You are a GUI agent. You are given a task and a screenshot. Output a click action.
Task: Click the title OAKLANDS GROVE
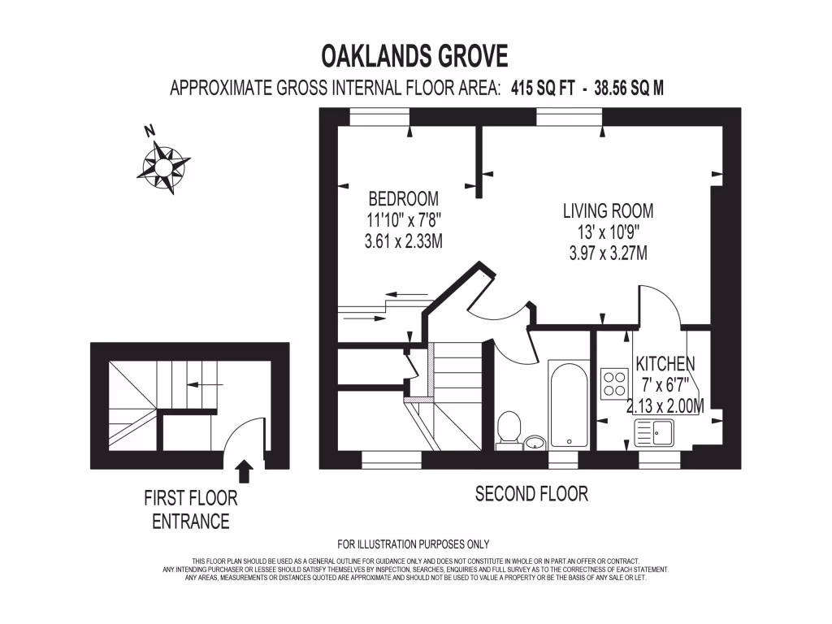[x=415, y=56]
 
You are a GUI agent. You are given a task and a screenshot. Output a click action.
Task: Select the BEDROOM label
[x=404, y=198]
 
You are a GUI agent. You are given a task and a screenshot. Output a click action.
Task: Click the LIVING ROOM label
[x=608, y=211]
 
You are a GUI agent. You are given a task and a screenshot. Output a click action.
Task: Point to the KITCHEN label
[x=665, y=363]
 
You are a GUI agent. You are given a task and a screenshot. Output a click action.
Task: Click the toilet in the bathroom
[x=509, y=427]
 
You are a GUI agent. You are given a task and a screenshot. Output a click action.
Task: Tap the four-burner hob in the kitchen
[x=613, y=381]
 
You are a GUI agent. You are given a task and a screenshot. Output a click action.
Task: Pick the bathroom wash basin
[x=535, y=442]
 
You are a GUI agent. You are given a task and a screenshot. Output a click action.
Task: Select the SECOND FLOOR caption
[x=531, y=493]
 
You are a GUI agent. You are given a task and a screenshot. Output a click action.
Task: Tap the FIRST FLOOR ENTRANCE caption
[x=191, y=509]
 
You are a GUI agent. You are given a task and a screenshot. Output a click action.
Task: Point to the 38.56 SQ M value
[x=629, y=89]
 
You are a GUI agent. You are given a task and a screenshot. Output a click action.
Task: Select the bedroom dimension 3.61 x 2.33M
[x=404, y=241]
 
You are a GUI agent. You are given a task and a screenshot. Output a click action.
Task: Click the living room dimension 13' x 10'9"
[x=608, y=232]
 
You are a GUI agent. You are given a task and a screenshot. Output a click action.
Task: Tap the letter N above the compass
[x=149, y=130]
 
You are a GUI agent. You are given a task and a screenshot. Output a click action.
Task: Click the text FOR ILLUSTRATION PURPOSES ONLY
[x=413, y=544]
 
